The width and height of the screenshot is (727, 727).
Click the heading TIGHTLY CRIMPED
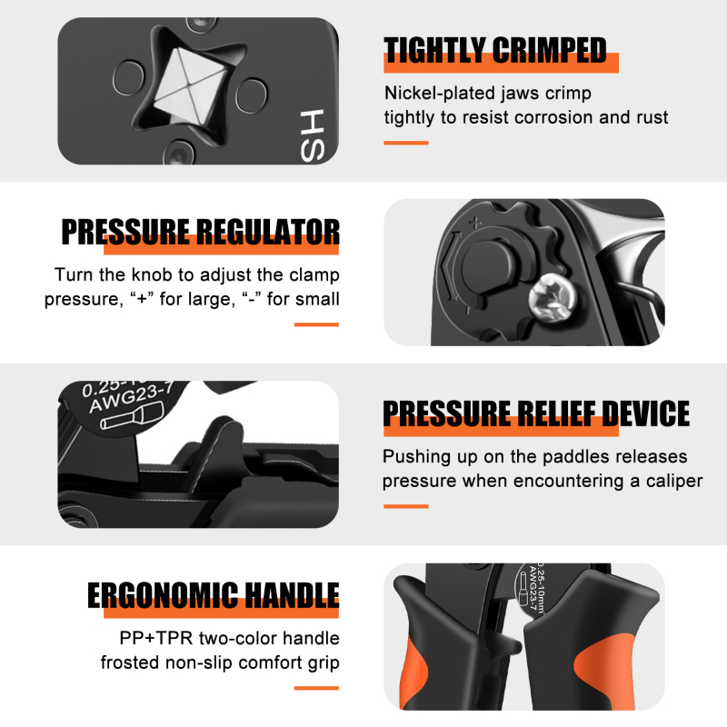[495, 50]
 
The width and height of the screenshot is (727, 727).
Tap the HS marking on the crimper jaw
[312, 135]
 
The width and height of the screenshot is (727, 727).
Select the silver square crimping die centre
[189, 86]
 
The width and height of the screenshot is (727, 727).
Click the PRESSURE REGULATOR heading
[200, 232]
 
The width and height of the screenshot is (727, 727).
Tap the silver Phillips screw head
[553, 297]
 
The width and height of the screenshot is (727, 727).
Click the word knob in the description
[152, 274]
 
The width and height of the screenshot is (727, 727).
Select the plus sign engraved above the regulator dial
[475, 223]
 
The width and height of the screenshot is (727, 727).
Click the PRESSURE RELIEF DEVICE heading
[536, 413]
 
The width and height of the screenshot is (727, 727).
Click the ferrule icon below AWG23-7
[133, 415]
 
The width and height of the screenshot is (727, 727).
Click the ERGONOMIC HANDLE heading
[214, 595]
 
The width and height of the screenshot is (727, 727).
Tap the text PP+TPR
[155, 638]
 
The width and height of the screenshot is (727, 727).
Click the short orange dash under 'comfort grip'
[316, 688]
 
